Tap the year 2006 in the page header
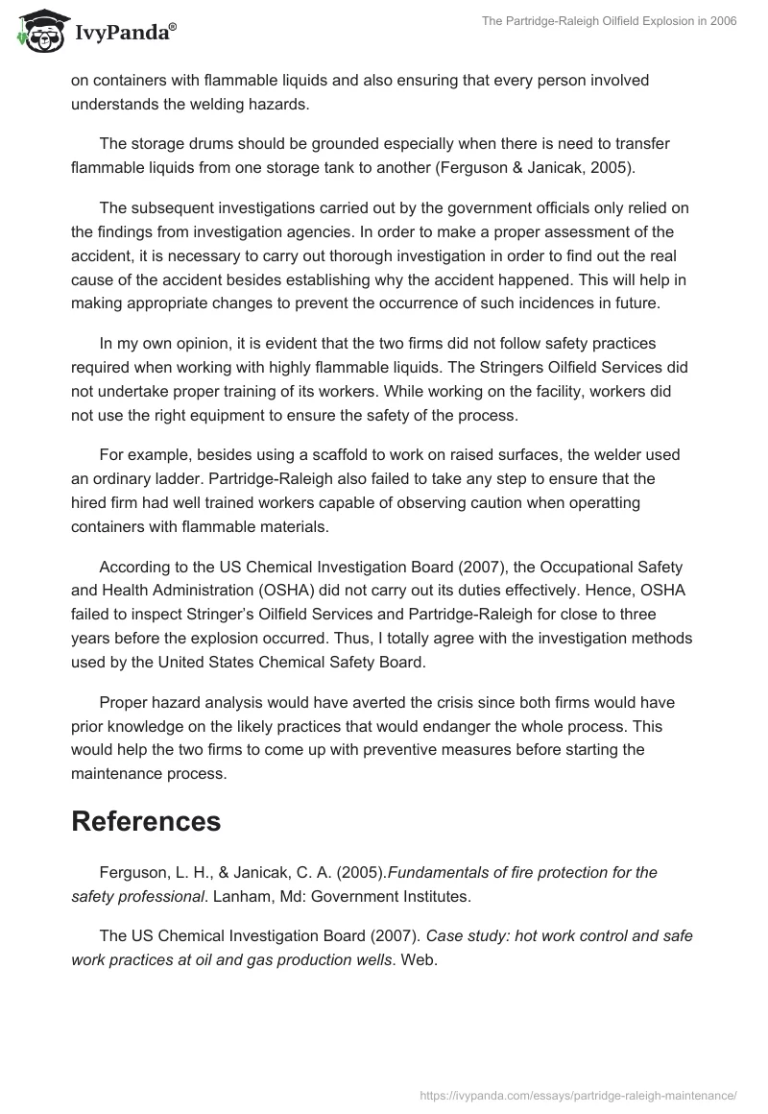722,22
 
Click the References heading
146,821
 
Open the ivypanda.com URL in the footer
579,1095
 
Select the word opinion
201,343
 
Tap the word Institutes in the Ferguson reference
434,896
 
